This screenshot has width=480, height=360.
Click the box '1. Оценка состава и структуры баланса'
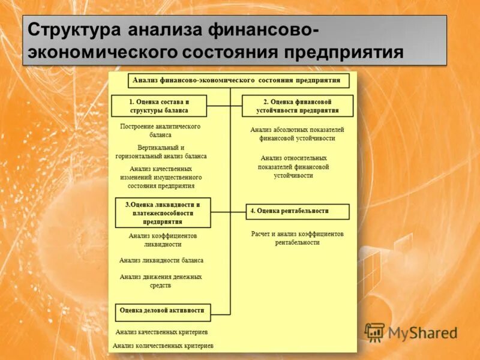159,106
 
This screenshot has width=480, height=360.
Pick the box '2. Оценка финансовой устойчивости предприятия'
298,106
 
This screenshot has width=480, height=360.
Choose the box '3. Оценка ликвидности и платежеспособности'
163,212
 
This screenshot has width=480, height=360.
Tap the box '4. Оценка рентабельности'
298,211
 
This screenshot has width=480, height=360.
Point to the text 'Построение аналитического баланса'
160,131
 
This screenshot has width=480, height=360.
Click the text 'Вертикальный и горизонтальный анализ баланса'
161,152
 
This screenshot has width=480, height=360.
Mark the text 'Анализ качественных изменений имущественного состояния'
160,178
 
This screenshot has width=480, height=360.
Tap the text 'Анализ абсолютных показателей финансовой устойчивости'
297,134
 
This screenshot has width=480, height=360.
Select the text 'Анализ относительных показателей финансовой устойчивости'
294,167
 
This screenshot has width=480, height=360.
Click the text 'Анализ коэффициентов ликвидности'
162,240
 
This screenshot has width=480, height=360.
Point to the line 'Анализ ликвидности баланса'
161,260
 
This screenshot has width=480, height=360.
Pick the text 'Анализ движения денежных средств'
161,281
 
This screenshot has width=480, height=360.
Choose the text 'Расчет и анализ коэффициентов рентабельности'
297,238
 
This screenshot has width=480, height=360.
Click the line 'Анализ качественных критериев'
162,331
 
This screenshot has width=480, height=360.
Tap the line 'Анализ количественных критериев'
163,346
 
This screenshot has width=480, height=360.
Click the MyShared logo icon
375,332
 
